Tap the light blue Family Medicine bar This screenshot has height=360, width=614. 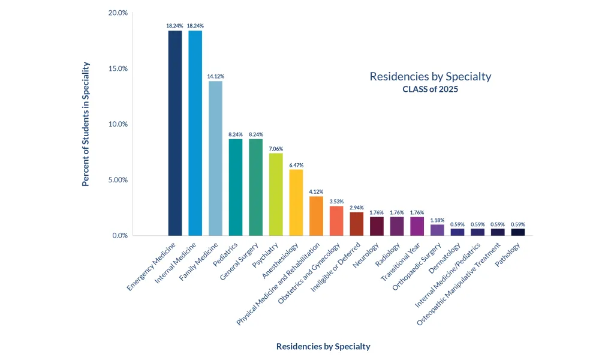(215, 158)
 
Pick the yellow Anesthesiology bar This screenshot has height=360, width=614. (296, 202)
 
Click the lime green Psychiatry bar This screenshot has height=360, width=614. (276, 194)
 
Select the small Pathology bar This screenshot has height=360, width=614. (517, 232)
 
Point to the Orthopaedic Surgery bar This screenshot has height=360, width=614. (437, 230)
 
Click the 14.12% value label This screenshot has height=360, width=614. (215, 76)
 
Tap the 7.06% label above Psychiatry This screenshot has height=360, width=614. (276, 148)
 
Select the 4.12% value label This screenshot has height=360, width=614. (316, 191)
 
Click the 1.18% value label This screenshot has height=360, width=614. (437, 220)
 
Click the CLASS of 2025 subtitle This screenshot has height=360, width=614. (430, 89)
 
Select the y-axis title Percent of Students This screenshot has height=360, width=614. (86, 124)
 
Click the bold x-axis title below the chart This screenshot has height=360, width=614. (323, 346)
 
